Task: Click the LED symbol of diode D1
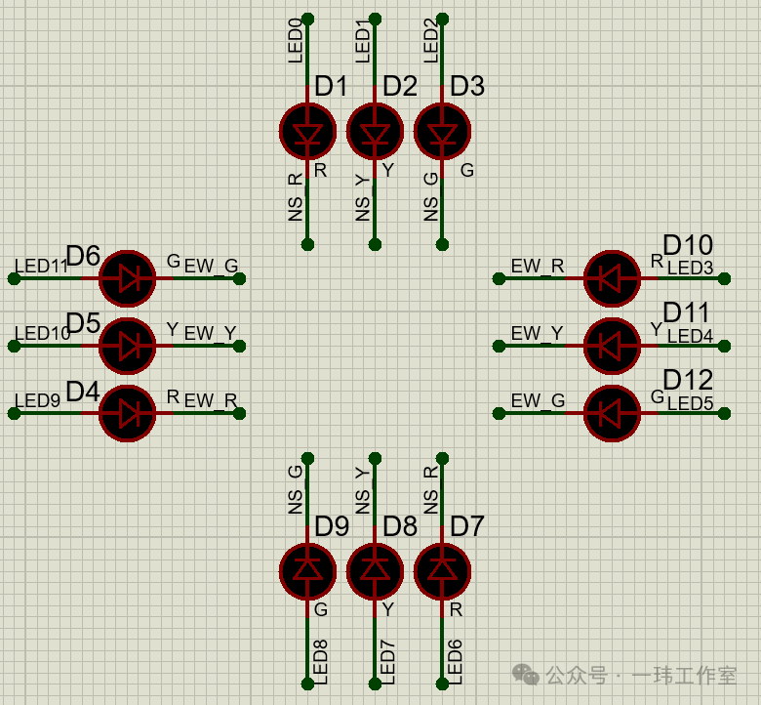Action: click(x=307, y=131)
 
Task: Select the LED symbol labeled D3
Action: click(x=442, y=131)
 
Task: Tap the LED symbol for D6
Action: click(x=128, y=278)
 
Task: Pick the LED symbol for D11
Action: click(x=612, y=346)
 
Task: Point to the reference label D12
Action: click(x=688, y=380)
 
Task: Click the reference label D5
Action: click(x=83, y=322)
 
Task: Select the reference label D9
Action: click(x=332, y=526)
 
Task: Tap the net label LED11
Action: click(x=41, y=266)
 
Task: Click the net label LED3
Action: click(x=690, y=268)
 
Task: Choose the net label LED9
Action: click(x=37, y=400)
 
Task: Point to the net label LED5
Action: click(x=690, y=402)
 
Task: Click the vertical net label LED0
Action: click(x=296, y=41)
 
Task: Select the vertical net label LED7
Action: click(x=386, y=662)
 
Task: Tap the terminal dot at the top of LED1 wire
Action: click(x=375, y=19)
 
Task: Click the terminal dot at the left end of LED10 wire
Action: click(x=14, y=346)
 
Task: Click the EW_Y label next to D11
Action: click(x=537, y=333)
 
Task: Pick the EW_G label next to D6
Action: click(x=211, y=266)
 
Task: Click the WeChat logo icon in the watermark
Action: click(x=526, y=675)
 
